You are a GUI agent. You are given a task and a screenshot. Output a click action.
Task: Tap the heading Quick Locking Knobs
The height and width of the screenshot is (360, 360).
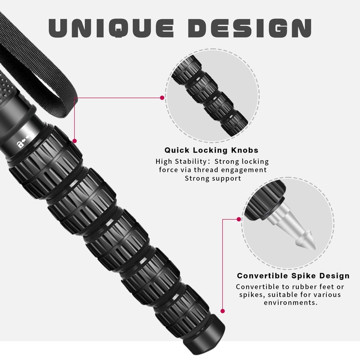click(x=211, y=150)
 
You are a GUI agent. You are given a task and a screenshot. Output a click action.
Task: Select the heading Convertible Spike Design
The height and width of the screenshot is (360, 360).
click(x=292, y=275)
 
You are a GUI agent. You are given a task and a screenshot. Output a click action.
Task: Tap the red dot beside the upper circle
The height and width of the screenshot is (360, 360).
click(x=162, y=97)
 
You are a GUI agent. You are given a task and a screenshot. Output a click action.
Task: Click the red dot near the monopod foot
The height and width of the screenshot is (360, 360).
click(x=222, y=310)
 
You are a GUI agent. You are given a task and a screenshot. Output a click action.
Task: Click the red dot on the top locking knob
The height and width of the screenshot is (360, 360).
click(x=74, y=140)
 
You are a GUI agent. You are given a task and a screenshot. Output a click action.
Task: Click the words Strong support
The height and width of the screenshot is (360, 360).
click(x=213, y=178)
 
